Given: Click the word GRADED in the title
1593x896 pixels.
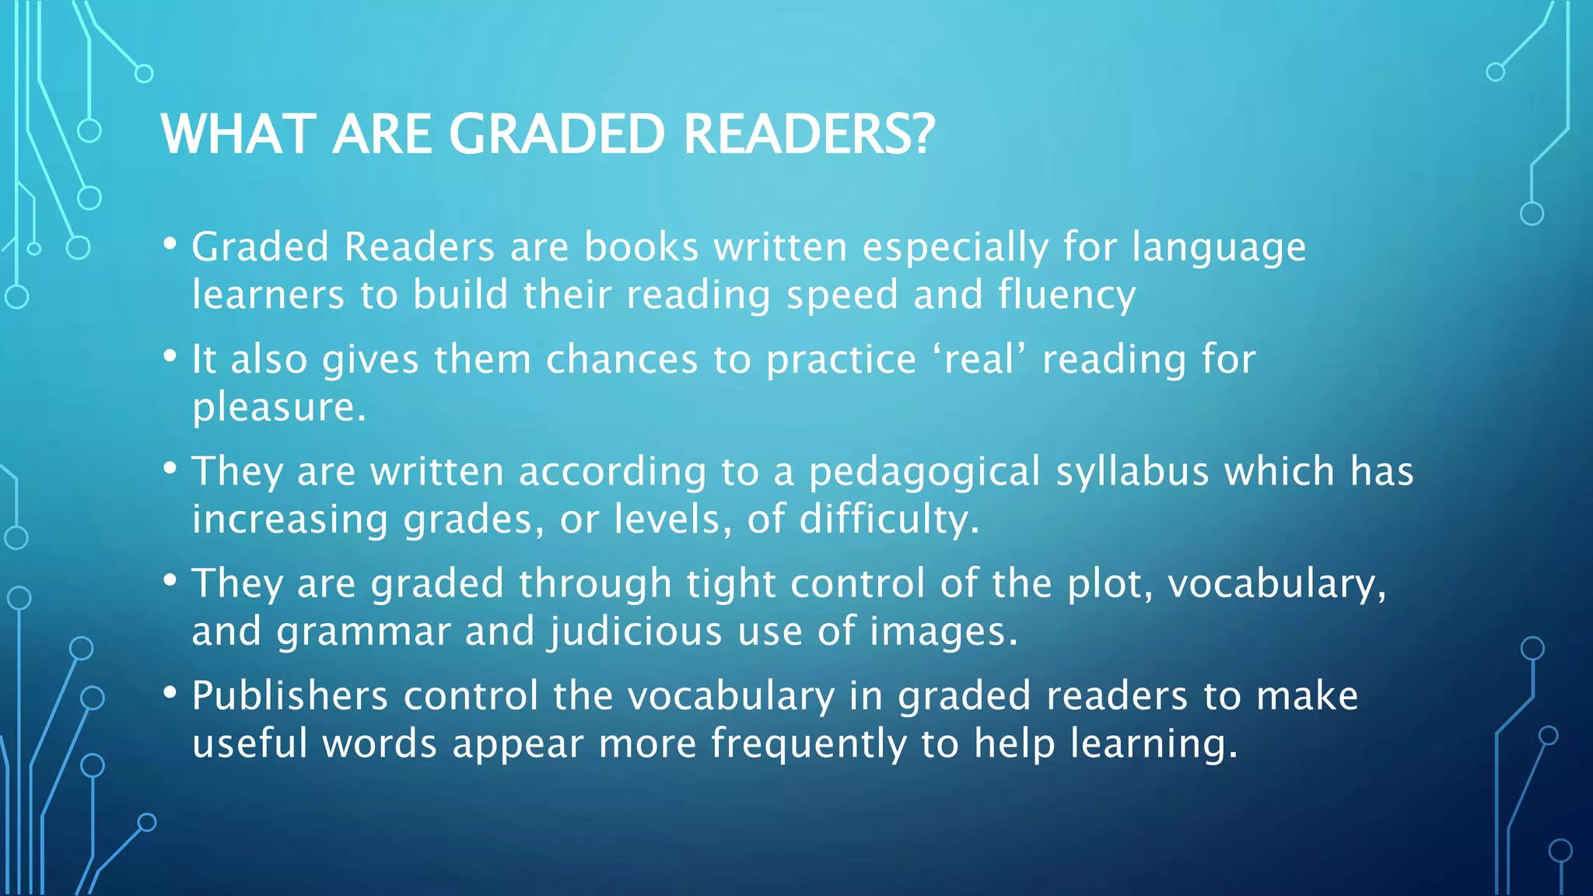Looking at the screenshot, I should (x=557, y=135).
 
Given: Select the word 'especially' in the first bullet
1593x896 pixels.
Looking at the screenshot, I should (x=956, y=248).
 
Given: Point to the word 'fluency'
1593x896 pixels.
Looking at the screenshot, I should (x=1067, y=296).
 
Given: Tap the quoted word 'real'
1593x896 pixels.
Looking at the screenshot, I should (x=980, y=359).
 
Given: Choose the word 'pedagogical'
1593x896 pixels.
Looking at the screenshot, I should (x=924, y=473).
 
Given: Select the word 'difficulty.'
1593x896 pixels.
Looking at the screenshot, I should (x=889, y=520).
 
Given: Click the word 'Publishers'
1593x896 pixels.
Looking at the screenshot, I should (x=289, y=695).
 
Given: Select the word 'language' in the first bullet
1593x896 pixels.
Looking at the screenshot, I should (x=1219, y=248).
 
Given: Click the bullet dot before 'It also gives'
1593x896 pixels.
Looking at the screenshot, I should (x=170, y=357).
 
